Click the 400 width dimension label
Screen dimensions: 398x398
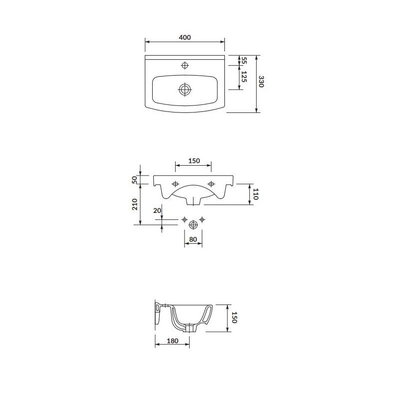pyautogui.click(x=185, y=37)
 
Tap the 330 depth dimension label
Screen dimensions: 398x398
pyautogui.click(x=261, y=82)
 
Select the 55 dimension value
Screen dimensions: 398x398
pyautogui.click(x=244, y=60)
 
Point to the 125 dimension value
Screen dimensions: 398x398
pyautogui.click(x=244, y=77)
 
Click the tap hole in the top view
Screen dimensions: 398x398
pyautogui.click(x=185, y=65)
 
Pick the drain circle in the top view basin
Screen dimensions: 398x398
pyautogui.click(x=185, y=90)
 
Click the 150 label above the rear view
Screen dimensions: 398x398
pyautogui.click(x=194, y=161)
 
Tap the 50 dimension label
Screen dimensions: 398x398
pyautogui.click(x=134, y=180)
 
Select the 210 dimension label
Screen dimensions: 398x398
pyautogui.click(x=134, y=204)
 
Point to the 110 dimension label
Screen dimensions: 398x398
pyautogui.click(x=255, y=194)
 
